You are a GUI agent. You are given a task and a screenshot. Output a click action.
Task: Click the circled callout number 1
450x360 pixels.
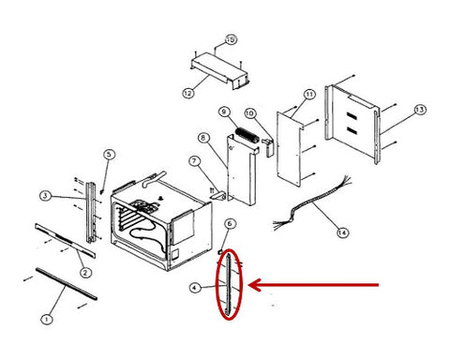pyautogui.click(x=47, y=320)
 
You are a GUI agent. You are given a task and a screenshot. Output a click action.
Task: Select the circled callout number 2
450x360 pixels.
pyautogui.click(x=85, y=273)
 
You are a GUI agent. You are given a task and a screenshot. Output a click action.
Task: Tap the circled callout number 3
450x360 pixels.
pyautogui.click(x=46, y=196)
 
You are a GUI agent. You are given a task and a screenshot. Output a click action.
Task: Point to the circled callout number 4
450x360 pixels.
pyautogui.click(x=195, y=288)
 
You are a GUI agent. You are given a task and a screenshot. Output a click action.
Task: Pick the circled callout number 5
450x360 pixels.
pyautogui.click(x=109, y=155)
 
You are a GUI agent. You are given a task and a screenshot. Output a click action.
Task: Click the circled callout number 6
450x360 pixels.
pyautogui.click(x=230, y=224)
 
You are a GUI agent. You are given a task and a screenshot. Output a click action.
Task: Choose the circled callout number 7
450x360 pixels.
pyautogui.click(x=194, y=161)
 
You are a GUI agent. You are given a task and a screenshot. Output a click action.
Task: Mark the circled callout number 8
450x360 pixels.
pyautogui.click(x=203, y=138)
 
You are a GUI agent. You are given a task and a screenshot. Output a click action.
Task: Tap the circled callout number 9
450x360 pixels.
pyautogui.click(x=224, y=112)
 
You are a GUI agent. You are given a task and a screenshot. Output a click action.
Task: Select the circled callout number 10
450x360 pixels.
pyautogui.click(x=249, y=113)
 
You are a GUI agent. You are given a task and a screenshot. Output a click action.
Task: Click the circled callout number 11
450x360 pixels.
pyautogui.click(x=309, y=94)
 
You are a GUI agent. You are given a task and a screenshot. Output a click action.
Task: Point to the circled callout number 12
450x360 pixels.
pyautogui.click(x=188, y=93)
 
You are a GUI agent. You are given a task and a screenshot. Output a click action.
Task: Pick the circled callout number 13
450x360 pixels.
pyautogui.click(x=419, y=110)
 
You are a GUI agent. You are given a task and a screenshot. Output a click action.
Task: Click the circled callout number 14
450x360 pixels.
pyautogui.click(x=342, y=232)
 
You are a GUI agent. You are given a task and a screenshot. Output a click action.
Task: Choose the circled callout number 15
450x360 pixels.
pyautogui.click(x=231, y=39)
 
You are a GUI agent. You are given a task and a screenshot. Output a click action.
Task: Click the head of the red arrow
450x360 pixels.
pyautogui.click(x=250, y=285)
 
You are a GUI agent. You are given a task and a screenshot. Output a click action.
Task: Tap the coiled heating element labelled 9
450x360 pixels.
pyautogui.click(x=247, y=136)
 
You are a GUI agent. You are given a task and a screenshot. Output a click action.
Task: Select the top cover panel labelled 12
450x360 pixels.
pyautogui.click(x=219, y=71)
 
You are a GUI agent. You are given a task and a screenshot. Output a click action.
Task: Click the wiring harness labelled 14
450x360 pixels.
pyautogui.click(x=312, y=203)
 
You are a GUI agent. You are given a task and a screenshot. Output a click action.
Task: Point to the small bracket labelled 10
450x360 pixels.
pyautogui.click(x=268, y=147)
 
